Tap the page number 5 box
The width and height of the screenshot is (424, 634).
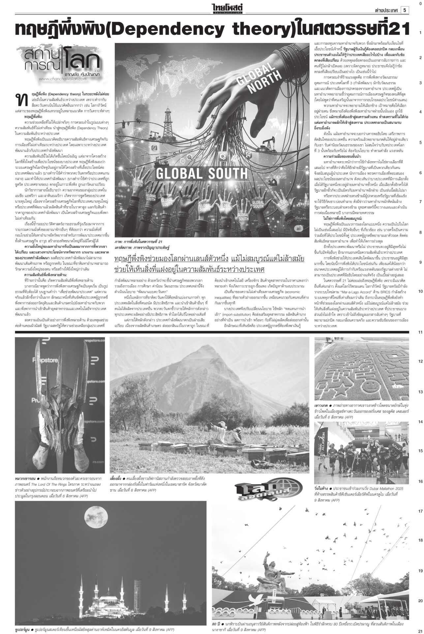(404, 10)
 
